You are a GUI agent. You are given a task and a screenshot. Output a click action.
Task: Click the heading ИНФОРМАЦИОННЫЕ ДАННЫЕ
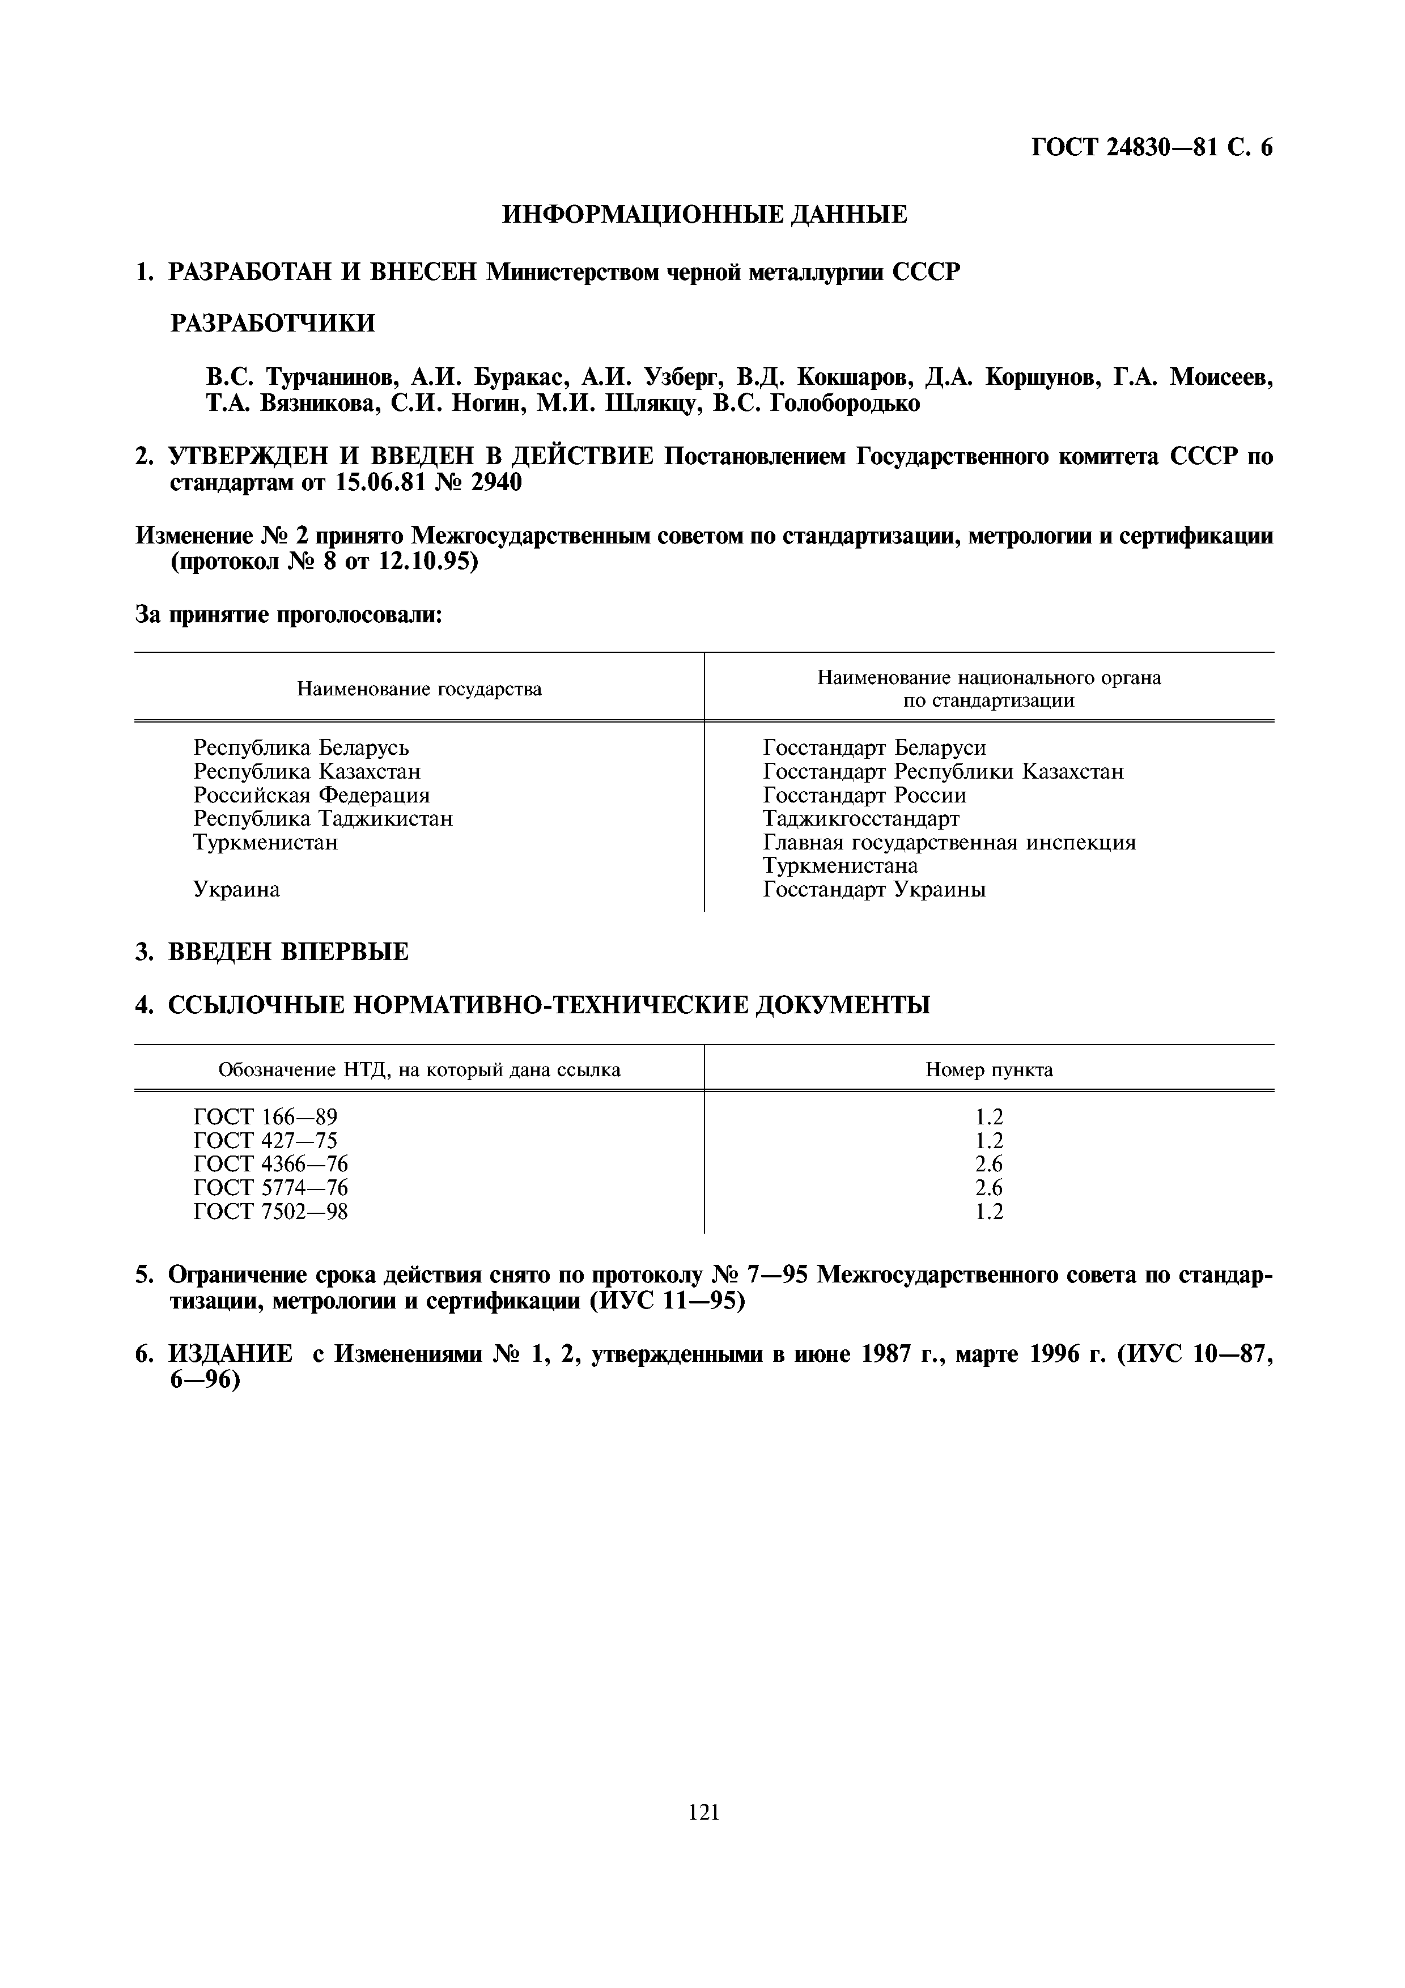(x=704, y=215)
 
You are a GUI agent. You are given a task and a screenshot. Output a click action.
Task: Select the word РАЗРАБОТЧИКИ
(x=273, y=324)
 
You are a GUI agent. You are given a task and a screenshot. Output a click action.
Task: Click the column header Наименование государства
(x=419, y=689)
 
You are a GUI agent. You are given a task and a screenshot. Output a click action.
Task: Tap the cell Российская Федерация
(x=311, y=795)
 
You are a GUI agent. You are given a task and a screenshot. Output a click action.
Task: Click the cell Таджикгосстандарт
(x=860, y=818)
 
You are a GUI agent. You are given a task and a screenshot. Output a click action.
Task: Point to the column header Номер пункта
(x=988, y=1070)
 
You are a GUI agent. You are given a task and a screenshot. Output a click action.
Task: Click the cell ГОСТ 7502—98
(x=270, y=1211)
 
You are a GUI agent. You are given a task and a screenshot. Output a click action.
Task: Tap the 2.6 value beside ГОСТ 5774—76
(x=988, y=1188)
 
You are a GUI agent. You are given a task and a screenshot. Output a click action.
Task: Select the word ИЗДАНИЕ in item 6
(x=230, y=1354)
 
